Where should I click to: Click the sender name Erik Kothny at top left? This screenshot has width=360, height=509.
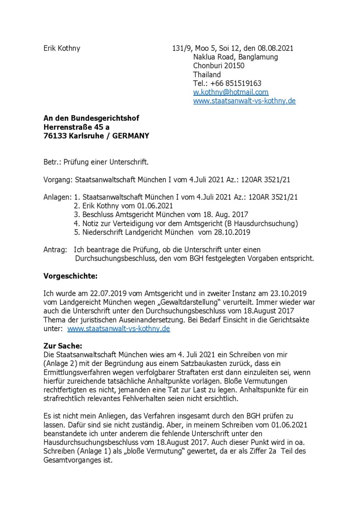pos(62,48)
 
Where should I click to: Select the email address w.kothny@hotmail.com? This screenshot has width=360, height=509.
pos(231,92)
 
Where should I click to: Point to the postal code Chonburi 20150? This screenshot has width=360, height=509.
pos(219,65)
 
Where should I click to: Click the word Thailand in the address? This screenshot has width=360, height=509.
pos(207,75)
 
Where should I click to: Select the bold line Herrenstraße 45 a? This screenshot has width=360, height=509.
pos(77,127)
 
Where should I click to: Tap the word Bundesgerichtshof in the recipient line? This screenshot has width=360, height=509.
pos(102,119)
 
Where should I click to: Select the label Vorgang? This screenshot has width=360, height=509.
pos(58,180)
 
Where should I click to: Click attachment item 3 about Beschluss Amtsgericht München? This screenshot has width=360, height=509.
pos(161,215)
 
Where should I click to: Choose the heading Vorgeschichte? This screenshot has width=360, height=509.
pos(71,276)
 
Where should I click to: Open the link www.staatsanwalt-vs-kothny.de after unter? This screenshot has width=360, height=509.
pos(118,329)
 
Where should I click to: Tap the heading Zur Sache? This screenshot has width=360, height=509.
pos(63,346)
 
